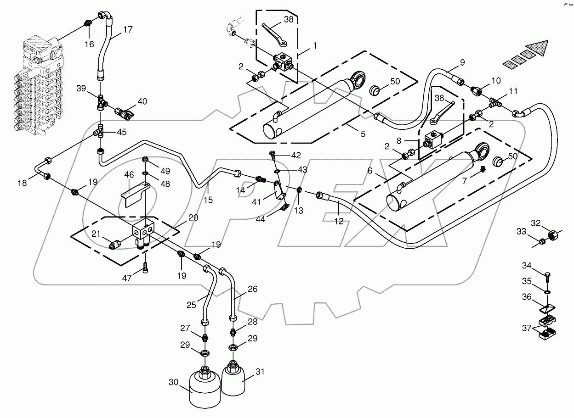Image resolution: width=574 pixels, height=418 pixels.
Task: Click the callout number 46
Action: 129,175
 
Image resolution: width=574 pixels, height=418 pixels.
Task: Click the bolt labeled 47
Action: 146,268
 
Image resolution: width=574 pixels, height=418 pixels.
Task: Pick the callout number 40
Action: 142,102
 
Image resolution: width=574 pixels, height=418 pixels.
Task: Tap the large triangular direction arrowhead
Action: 539,48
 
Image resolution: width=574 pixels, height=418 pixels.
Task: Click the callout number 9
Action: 462,63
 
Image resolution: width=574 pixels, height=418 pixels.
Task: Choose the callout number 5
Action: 363,134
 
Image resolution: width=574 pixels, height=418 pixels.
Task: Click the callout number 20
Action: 193,217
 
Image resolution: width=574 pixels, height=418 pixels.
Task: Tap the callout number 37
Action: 527,328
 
